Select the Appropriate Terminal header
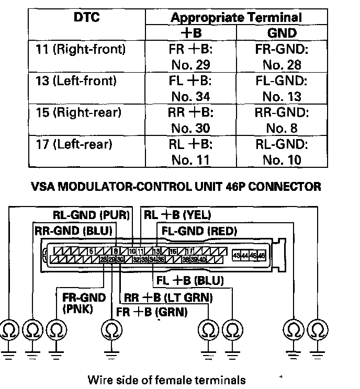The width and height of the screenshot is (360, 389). (236, 18)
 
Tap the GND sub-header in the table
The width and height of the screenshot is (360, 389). (282, 33)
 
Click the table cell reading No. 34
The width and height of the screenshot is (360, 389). (190, 97)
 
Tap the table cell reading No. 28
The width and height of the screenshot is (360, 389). (282, 65)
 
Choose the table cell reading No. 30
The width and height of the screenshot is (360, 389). (190, 128)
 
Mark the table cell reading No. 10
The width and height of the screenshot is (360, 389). (282, 159)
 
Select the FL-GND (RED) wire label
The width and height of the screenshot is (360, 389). (199, 231)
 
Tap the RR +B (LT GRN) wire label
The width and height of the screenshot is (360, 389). (167, 298)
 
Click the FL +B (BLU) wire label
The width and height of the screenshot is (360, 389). (190, 281)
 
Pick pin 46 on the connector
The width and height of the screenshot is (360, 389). (262, 255)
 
